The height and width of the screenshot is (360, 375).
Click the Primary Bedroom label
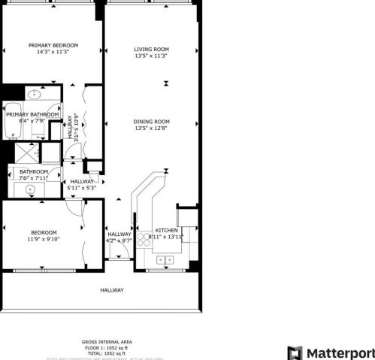53,45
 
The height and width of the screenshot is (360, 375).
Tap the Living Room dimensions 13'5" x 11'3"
151,56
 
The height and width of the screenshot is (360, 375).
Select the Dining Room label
151,121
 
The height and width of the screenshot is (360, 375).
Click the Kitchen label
165,230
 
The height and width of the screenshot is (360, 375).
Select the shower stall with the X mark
28,152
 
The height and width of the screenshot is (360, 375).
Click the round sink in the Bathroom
31,190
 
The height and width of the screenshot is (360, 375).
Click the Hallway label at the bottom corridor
112,290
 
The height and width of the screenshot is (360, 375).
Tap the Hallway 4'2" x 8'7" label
119,237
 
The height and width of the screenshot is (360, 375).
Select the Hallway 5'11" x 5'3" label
82,185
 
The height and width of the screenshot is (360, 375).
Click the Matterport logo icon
295,353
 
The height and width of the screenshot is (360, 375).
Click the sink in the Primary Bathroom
34,94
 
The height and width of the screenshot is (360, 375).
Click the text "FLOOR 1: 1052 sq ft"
105,347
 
